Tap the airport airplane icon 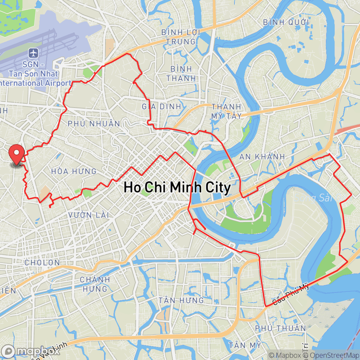pos(33,54)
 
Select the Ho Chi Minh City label pos(177,187)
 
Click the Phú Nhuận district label pos(94,124)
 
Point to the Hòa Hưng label pos(74,172)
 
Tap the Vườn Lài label pos(89,215)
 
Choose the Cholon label pos(42,263)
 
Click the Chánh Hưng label pos(95,284)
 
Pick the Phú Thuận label pos(281,328)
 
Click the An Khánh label pos(262,156)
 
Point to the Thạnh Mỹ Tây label pos(226,111)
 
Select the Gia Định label pos(162,106)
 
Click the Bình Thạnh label pos(181,73)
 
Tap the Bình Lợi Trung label pos(181,37)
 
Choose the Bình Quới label pos(286,22)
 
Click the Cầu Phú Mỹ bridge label pos(288,294)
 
